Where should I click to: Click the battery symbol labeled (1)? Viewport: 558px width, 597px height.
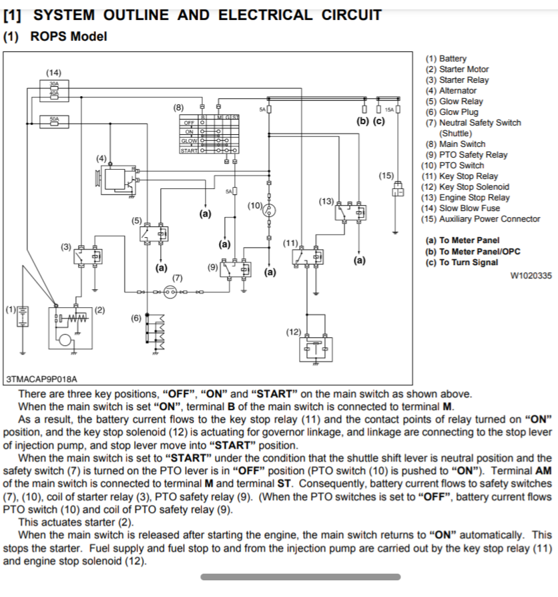coord(23,318)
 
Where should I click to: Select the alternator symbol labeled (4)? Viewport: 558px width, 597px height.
coord(116,178)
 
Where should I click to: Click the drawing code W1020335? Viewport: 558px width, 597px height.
coord(530,276)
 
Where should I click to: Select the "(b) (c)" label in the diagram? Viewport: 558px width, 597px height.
coord(371,122)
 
